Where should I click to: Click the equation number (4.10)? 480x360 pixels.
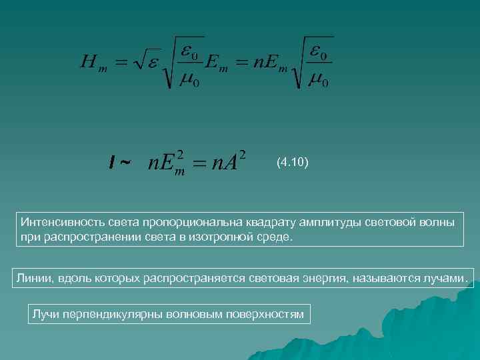click(292, 162)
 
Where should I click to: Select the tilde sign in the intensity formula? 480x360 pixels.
click(125, 162)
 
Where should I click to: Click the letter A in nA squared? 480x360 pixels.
click(229, 162)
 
